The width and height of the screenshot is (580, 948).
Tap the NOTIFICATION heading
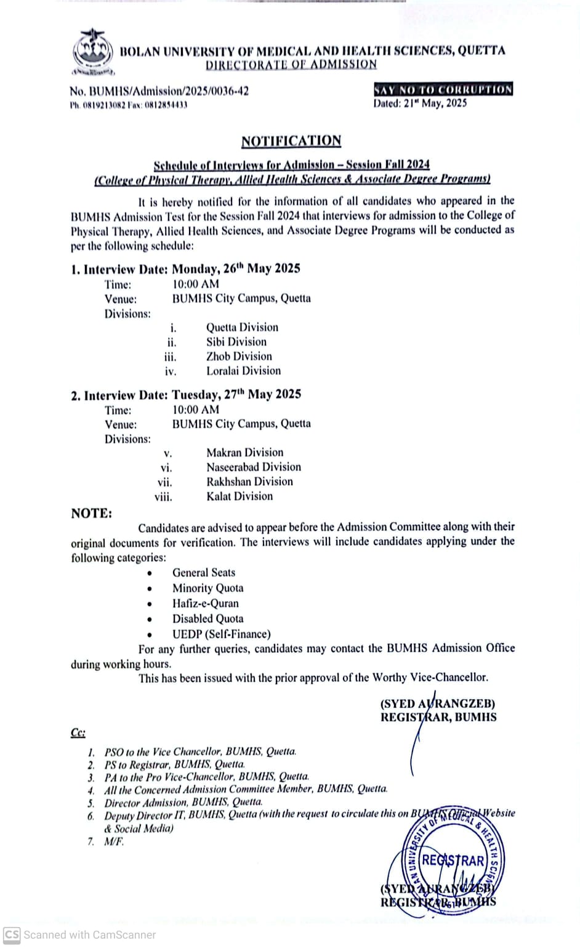(291, 141)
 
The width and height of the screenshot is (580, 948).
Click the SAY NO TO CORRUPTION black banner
(443, 89)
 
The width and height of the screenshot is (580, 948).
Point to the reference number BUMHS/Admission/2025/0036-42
(159, 91)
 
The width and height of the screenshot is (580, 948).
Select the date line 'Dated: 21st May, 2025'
(420, 103)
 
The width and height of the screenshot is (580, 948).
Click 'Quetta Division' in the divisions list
(242, 327)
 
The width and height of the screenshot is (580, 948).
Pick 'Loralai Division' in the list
(243, 371)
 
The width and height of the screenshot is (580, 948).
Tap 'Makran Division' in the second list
(244, 453)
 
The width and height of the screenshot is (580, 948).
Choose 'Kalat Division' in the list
(240, 496)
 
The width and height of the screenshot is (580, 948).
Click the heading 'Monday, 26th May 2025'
(236, 269)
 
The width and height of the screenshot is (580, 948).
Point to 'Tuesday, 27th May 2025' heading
(236, 394)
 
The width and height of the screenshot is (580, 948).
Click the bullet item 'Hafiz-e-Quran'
(205, 604)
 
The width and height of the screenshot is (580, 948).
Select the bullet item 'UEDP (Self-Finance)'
(221, 634)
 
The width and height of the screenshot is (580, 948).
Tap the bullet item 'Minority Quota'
(207, 588)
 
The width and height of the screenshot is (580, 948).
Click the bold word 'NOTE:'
(91, 514)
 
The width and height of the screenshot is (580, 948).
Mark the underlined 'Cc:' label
(78, 732)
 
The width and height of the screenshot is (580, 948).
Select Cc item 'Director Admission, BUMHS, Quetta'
(183, 803)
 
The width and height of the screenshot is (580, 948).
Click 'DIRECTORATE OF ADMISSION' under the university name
(291, 65)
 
